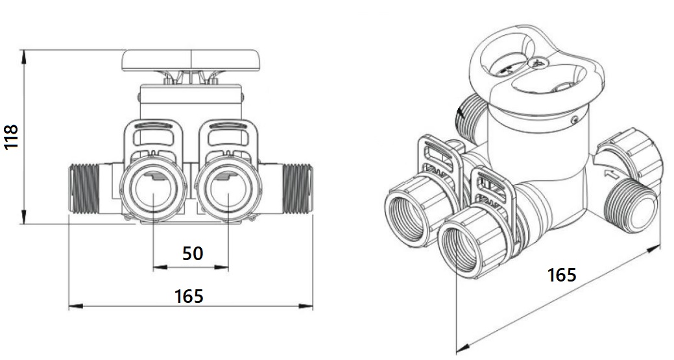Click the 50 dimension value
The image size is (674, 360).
pos(192,253)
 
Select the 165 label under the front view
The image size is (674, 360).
pos(189,296)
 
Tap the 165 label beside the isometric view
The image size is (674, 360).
pos(561,274)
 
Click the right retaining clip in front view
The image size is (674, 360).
pos(228,139)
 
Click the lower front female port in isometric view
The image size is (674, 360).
pos(464,248)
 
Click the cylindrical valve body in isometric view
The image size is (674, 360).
pos(538,156)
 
